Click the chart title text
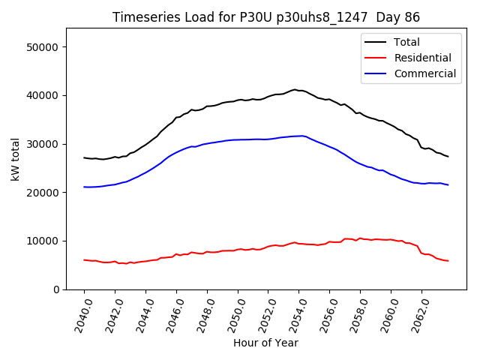point(265,17)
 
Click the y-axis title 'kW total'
point(15,158)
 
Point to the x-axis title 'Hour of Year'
point(265,343)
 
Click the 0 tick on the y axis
point(56,289)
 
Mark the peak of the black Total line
point(295,89)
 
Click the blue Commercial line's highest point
point(301,136)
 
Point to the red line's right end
point(448,261)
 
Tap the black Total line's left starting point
point(84,157)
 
